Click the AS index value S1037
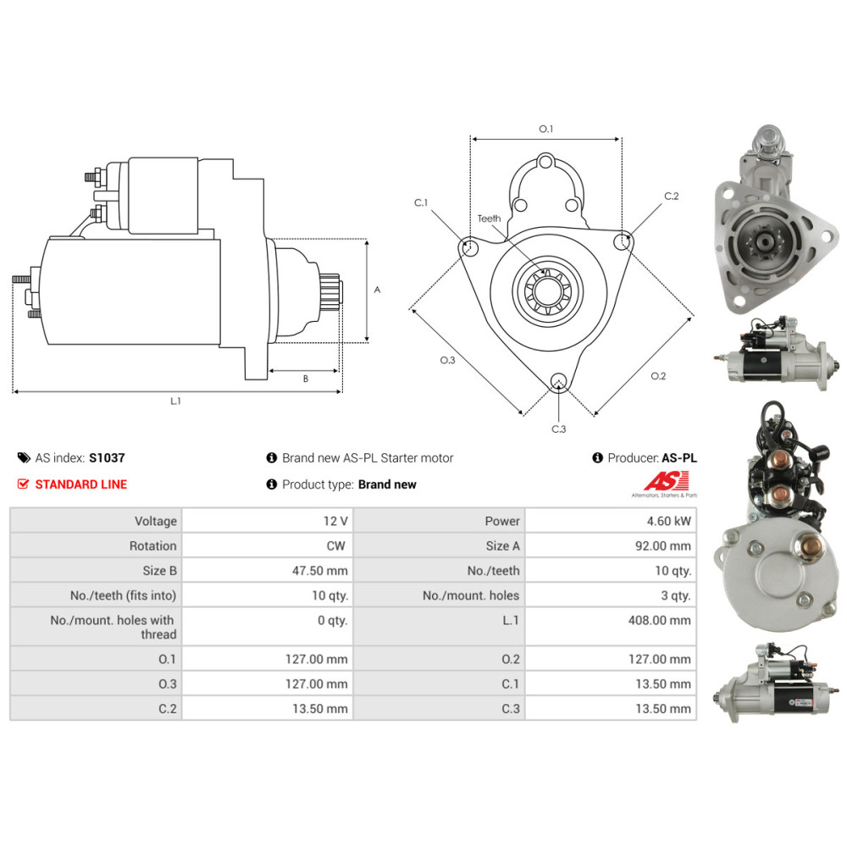pyautogui.click(x=107, y=458)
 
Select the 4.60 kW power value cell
pyautogui.click(x=611, y=521)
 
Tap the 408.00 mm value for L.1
pyautogui.click(x=659, y=620)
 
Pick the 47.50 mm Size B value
pyautogui.click(x=320, y=570)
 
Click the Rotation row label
pyautogui.click(x=152, y=545)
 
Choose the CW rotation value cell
pyautogui.click(x=268, y=545)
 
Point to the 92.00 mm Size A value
pyautogui.click(x=663, y=545)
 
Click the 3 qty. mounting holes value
pyautogui.click(x=676, y=595)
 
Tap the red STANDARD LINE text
pyautogui.click(x=81, y=484)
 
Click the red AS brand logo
pyautogui.click(x=667, y=481)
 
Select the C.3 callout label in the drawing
pyautogui.click(x=558, y=429)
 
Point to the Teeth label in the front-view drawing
pyautogui.click(x=489, y=219)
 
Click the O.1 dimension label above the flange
pyautogui.click(x=546, y=129)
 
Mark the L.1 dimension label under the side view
pyautogui.click(x=175, y=401)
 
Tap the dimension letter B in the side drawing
pyautogui.click(x=306, y=379)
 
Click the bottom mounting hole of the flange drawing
pyautogui.click(x=558, y=381)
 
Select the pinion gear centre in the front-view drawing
pyautogui.click(x=547, y=291)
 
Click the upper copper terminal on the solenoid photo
pyautogui.click(x=779, y=460)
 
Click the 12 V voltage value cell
pyautogui.click(x=268, y=521)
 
